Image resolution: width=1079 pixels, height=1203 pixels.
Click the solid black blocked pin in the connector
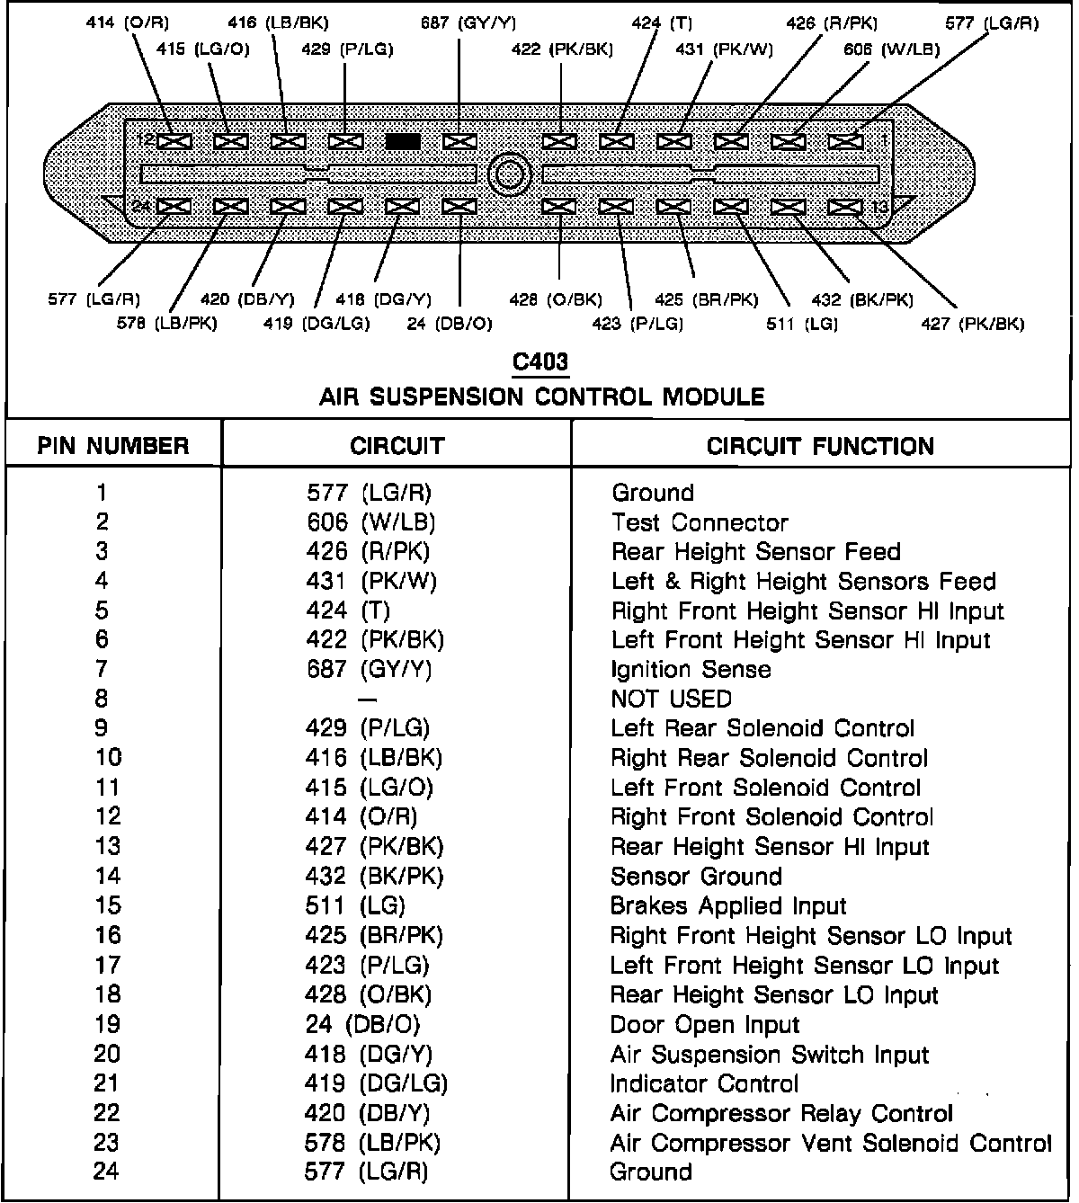click(403, 141)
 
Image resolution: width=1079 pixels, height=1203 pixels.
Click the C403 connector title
click(540, 361)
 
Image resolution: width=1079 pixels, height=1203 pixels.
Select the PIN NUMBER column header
click(113, 446)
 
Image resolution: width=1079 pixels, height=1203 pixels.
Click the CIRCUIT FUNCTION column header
click(820, 446)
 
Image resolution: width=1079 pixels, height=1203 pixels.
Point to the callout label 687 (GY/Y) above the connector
click(468, 23)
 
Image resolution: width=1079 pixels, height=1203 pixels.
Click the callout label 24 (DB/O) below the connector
click(450, 324)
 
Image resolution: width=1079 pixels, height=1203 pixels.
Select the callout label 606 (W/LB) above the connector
click(891, 50)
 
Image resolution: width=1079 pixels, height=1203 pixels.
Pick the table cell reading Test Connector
click(700, 522)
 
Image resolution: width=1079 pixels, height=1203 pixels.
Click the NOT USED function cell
click(671, 699)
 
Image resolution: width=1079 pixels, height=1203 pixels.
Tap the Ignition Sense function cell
click(691, 670)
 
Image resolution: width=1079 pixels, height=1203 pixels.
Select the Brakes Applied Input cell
click(728, 905)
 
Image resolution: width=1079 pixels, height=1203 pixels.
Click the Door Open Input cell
click(704, 1025)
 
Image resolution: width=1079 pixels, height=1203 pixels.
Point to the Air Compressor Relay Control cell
click(780, 1113)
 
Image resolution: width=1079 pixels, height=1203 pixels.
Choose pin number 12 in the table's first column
click(107, 816)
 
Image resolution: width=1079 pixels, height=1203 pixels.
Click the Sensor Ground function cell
click(696, 876)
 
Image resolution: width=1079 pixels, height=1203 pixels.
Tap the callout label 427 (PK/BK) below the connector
click(972, 324)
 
